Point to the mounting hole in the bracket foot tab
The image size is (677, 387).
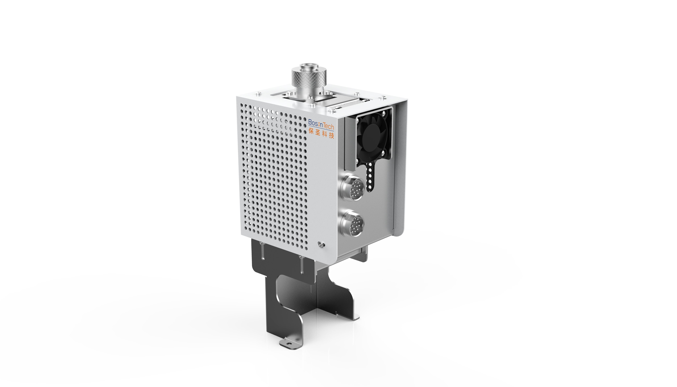coord(287,344)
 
